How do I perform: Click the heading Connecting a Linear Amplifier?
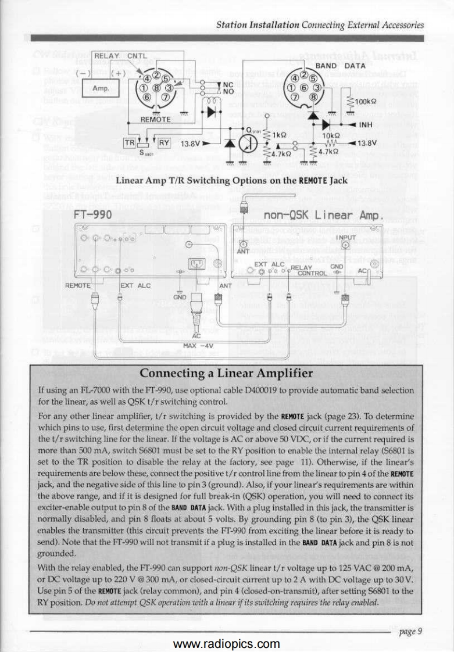(227, 372)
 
